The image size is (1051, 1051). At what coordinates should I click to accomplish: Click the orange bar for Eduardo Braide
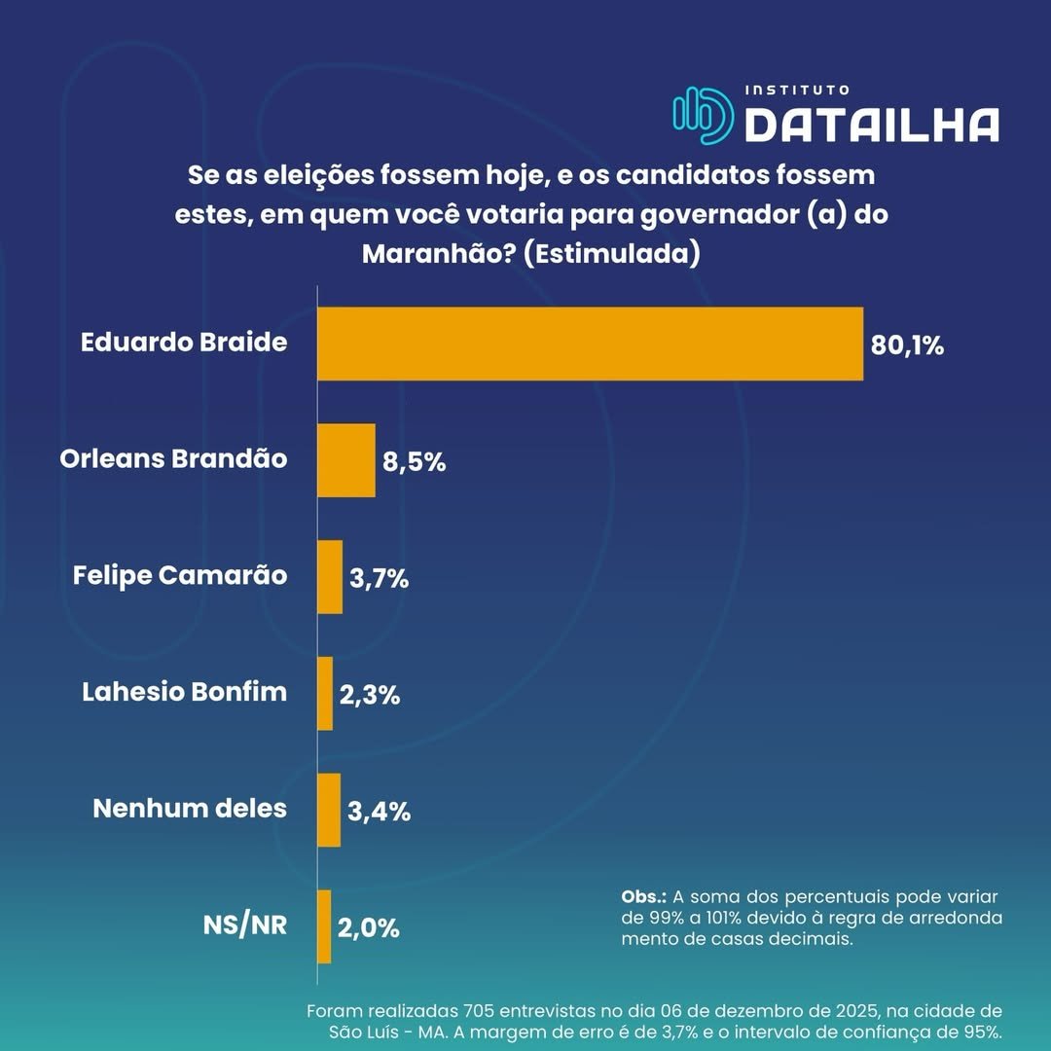590,344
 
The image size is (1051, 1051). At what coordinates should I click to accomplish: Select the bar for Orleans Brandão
346,460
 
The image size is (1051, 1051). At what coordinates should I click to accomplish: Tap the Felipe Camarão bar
330,577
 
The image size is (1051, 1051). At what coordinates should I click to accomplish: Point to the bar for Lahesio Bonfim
325,694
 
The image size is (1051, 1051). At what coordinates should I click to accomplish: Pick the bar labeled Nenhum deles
329,810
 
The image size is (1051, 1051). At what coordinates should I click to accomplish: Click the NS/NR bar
324,926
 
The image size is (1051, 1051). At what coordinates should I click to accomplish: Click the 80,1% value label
907,345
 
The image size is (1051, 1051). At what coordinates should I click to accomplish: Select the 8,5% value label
414,462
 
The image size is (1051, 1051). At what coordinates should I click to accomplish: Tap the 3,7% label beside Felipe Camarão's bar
379,579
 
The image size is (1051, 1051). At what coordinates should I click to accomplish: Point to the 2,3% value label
369,696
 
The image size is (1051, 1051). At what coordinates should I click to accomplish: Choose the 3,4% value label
379,812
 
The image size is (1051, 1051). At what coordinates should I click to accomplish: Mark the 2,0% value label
369,928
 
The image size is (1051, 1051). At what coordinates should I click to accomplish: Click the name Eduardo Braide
184,343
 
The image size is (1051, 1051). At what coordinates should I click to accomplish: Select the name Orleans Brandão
173,458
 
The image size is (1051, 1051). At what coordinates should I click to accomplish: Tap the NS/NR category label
245,924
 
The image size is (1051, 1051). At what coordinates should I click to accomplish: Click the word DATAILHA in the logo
871,125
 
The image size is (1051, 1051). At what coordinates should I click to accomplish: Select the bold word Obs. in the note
643,895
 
